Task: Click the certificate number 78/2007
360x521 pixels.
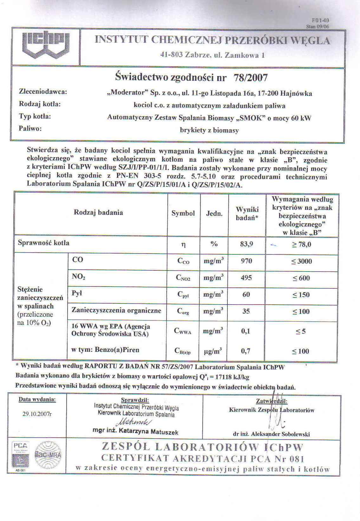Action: coord(251,78)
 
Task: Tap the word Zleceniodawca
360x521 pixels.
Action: coord(43,92)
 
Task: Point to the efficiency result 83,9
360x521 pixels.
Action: coord(246,244)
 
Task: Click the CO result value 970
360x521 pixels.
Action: coord(246,261)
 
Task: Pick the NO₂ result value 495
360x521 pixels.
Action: coord(246,278)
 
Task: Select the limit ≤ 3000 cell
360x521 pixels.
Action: coord(302,261)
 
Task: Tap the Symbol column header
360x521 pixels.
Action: coord(183,213)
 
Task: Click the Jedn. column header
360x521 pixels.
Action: coord(214,214)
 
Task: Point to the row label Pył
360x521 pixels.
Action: coord(77,293)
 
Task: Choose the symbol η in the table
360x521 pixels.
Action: coord(183,245)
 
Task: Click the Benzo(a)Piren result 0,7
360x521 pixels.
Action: coord(245,351)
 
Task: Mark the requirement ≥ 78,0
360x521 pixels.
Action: coord(301,244)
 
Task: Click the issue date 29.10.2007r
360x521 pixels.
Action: coord(37,414)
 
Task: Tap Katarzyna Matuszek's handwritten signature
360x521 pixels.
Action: coord(134,422)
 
